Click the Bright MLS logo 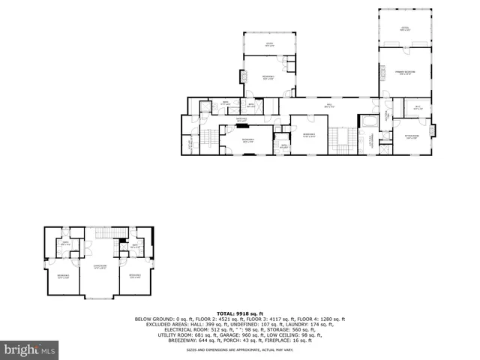click(30, 349)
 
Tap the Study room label click(268, 45)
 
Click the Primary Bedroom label click(406, 73)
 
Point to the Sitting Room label click(412, 136)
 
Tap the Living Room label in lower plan click(100, 267)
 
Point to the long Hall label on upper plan click(328, 106)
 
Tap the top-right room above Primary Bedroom click(406, 28)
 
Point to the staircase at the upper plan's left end click(205, 139)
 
